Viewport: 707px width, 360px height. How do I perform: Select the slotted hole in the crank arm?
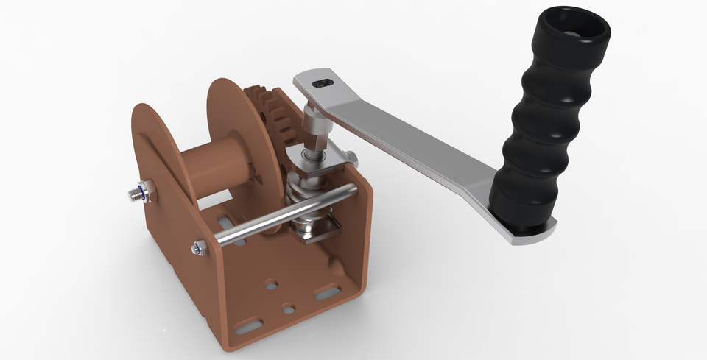point(323,83)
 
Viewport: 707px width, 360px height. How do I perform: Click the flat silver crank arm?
point(412,140)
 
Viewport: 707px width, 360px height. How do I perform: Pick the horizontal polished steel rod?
point(287,213)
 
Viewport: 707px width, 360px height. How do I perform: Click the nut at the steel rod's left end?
point(199,249)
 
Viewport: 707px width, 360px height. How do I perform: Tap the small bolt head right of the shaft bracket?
point(353,157)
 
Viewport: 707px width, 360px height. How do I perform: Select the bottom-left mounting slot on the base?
point(250,325)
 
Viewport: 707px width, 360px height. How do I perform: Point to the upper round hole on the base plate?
point(272,283)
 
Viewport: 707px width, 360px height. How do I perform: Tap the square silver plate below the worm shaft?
point(313,233)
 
